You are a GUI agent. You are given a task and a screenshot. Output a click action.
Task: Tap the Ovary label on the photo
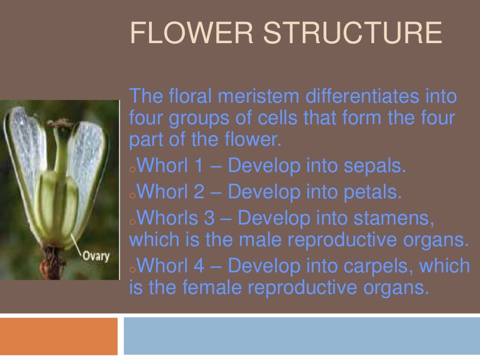96,255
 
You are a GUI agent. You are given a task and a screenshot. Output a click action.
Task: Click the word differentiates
361,96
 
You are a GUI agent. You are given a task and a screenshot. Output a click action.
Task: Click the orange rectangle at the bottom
59,336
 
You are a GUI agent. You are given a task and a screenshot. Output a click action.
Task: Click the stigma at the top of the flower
59,123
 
